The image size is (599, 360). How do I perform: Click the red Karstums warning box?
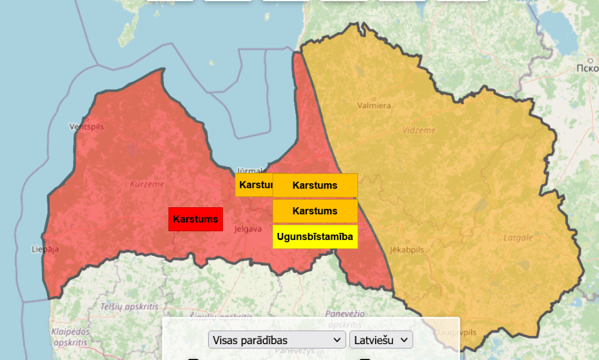point(195,219)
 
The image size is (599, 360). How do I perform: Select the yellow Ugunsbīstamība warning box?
point(315,236)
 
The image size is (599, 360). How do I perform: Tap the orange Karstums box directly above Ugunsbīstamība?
point(315,211)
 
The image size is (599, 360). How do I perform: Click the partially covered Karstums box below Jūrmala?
point(254,185)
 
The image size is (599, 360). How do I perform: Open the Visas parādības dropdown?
point(277,340)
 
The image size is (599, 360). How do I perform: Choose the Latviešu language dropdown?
point(381,340)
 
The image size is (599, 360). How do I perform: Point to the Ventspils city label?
point(85,126)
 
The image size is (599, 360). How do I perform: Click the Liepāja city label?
point(45,249)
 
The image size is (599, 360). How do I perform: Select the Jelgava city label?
point(247,229)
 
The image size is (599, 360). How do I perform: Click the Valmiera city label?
point(374,106)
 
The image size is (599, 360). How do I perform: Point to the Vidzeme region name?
point(418,130)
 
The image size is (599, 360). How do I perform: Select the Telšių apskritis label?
point(121,307)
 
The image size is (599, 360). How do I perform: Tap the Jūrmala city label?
point(252,171)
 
